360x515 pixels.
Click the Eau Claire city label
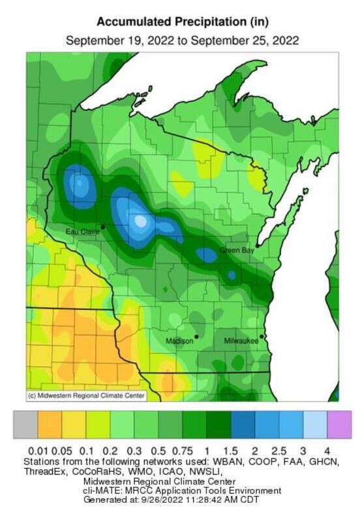tap(82, 232)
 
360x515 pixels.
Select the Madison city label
tap(179, 341)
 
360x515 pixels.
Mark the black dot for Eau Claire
tap(103, 226)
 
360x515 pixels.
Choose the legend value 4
tap(327, 451)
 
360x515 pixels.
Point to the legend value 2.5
tap(279, 451)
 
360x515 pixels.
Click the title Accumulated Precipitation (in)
tap(182, 22)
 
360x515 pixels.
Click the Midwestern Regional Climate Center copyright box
tap(85, 396)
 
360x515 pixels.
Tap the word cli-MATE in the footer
tap(102, 490)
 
